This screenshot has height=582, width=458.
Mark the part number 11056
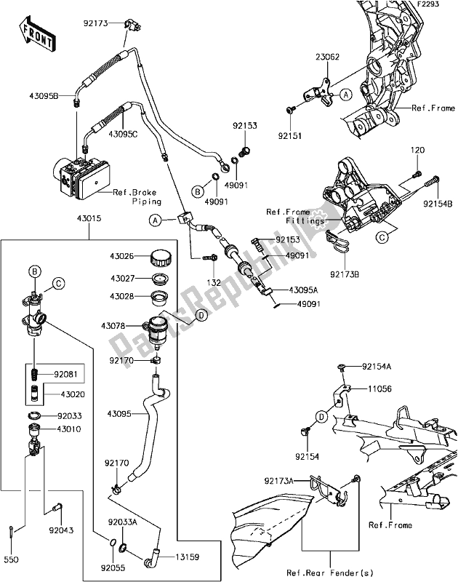(x=377, y=389)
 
